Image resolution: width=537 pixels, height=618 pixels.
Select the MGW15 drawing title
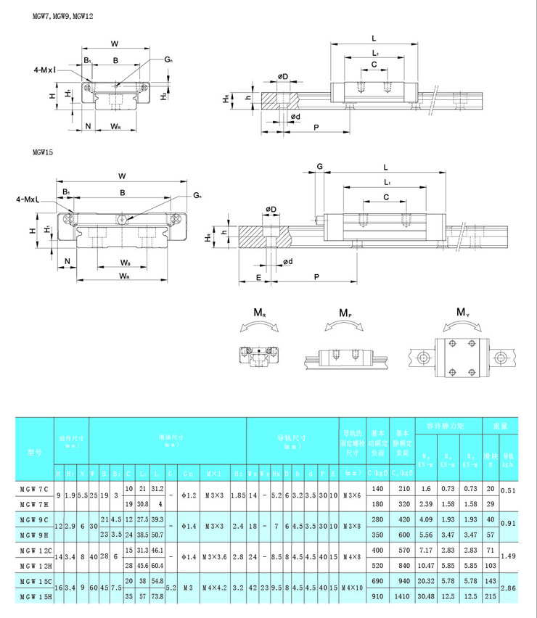point(43,153)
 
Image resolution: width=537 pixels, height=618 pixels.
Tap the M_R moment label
point(259,313)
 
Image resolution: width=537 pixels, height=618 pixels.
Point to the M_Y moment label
point(462,313)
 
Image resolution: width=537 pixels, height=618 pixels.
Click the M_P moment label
point(347,313)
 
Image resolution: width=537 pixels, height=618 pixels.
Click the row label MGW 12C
point(34,552)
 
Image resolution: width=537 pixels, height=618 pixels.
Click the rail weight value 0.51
point(509,490)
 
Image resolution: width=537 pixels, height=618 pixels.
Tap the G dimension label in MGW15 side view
point(320,166)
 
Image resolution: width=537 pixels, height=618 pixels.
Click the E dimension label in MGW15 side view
point(259,277)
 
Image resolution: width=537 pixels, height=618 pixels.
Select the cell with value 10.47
point(426,565)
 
